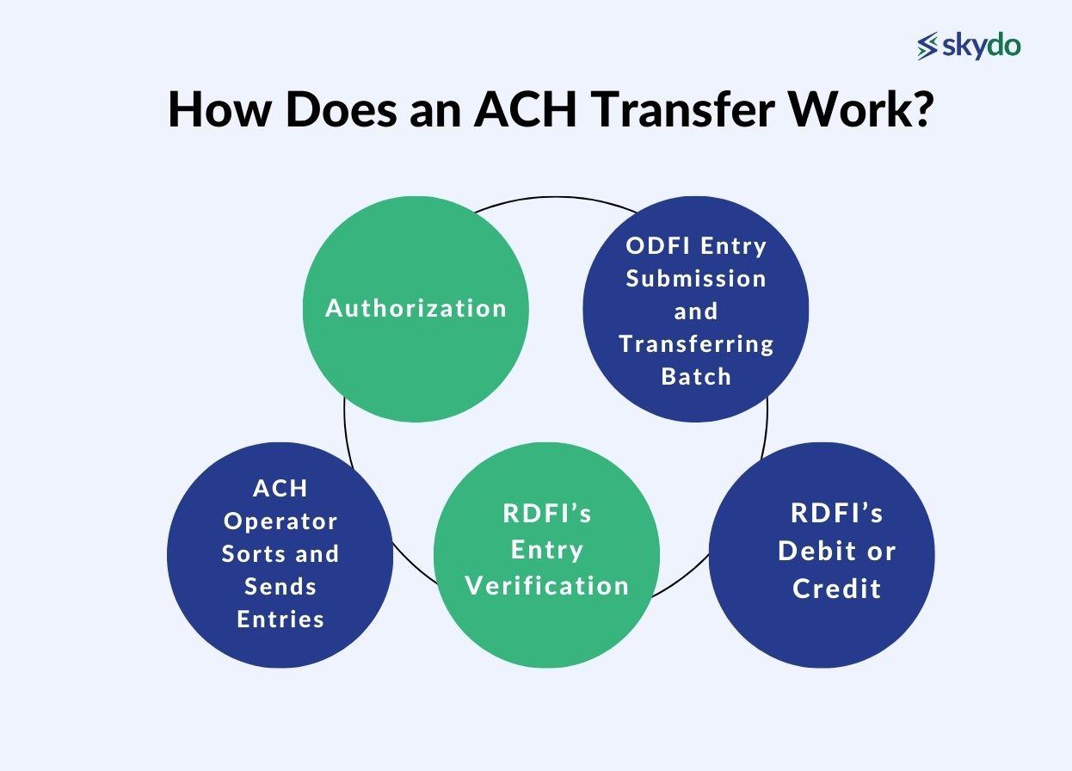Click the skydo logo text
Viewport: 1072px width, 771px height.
pos(982,45)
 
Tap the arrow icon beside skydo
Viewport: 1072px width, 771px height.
pos(927,46)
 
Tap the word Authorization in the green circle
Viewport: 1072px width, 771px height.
pos(416,309)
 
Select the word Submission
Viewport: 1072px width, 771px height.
pos(695,279)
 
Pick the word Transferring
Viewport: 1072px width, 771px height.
pos(696,344)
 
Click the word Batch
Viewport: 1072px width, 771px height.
pos(696,377)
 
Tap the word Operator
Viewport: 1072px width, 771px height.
pos(280,521)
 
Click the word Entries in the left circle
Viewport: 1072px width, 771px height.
pos(280,620)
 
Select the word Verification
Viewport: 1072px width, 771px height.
pos(547,586)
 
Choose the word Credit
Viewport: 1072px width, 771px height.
pos(836,589)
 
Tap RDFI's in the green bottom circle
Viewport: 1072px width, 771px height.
pos(547,514)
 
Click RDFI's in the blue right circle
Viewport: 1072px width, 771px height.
pos(836,514)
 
